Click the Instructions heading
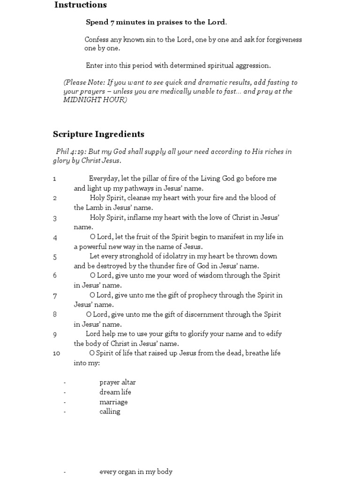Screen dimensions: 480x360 [x=80, y=5]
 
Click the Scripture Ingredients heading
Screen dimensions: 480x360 [x=98, y=134]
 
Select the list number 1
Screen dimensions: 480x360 [x=55, y=179]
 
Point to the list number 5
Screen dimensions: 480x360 [x=55, y=256]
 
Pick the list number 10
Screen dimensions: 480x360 [x=57, y=353]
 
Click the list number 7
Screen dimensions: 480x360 [x=55, y=295]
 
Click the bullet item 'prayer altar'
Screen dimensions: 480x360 [x=117, y=382]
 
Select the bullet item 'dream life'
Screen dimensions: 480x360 [x=115, y=392]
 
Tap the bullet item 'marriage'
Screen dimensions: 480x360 [x=113, y=402]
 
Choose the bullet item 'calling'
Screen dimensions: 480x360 [x=110, y=412]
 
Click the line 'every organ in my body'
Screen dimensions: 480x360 [x=136, y=472]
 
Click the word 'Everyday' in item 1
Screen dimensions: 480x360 [x=104, y=179]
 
